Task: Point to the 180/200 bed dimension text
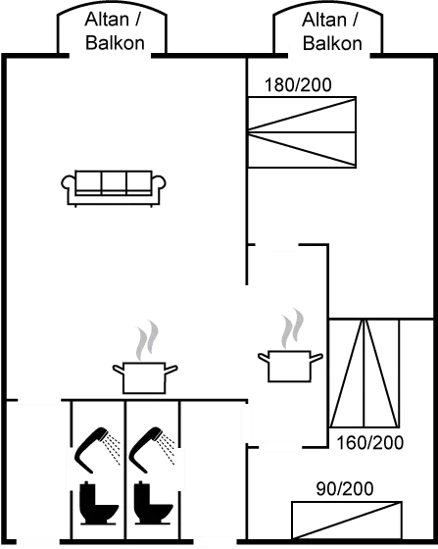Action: pyautogui.click(x=298, y=86)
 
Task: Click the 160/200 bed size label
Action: pyautogui.click(x=369, y=442)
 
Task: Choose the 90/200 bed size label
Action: pyautogui.click(x=346, y=487)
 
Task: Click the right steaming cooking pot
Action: pyautogui.click(x=288, y=365)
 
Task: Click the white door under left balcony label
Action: pyautogui.click(x=109, y=55)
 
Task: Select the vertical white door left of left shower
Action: pyautogui.click(x=71, y=468)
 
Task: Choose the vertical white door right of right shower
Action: pyautogui.click(x=179, y=468)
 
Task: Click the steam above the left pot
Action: pyautogui.click(x=145, y=338)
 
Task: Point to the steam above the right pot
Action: pyautogui.click(x=290, y=328)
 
